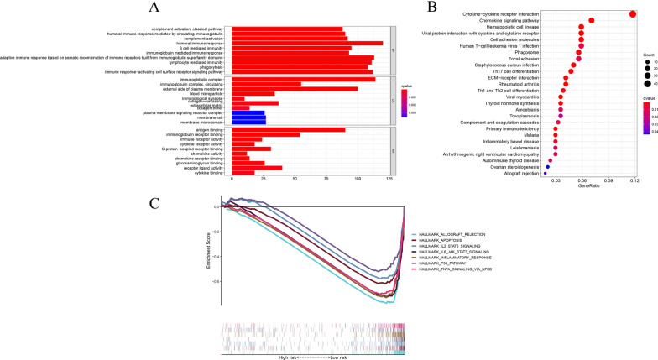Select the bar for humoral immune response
click(x=306, y=43)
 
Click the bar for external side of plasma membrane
click(x=294, y=88)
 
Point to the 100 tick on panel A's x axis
click(x=358, y=179)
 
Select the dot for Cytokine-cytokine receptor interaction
click(x=632, y=13)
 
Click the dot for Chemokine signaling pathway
click(x=592, y=20)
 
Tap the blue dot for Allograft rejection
click(x=545, y=173)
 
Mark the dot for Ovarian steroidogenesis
click(x=547, y=166)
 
